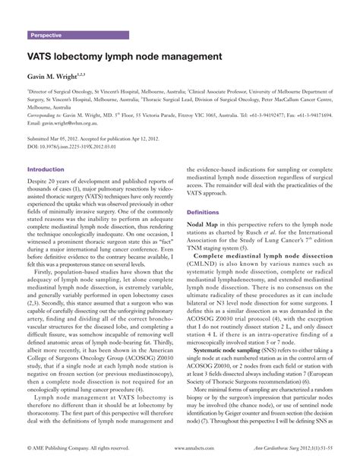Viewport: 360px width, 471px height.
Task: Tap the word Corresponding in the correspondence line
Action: point(43,115)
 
